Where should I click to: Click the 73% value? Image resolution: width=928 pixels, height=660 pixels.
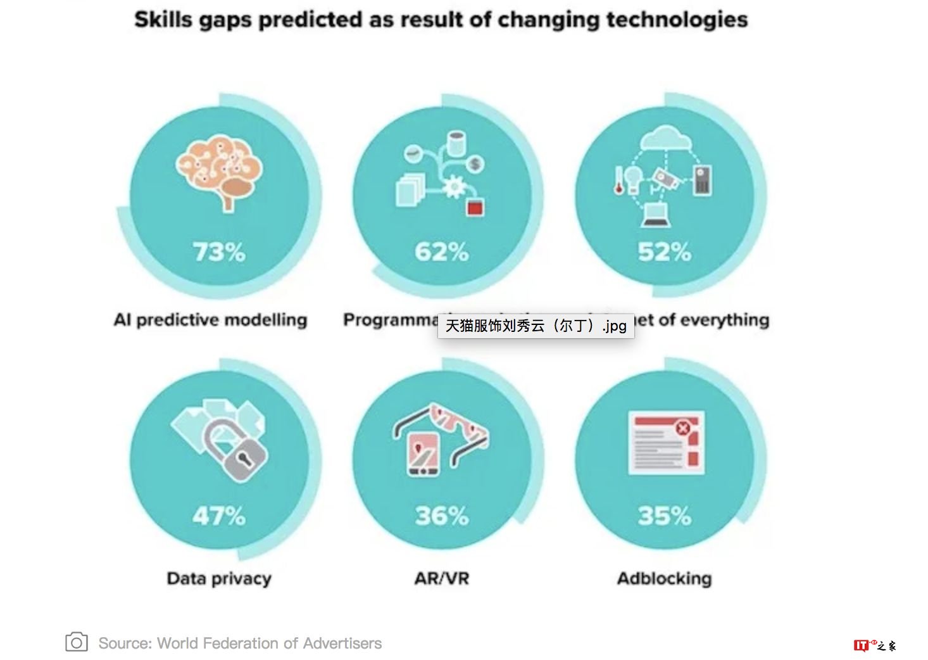click(219, 252)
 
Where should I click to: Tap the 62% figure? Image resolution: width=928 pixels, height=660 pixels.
click(442, 252)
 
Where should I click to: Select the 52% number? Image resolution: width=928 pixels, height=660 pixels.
click(664, 252)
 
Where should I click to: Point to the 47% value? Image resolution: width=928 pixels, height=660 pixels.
click(219, 516)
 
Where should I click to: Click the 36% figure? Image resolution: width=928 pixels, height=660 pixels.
click(442, 516)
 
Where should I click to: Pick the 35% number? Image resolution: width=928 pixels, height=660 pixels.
click(664, 516)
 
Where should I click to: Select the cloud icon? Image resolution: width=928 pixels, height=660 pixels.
click(665, 138)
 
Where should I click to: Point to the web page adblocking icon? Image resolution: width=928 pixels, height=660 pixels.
click(666, 443)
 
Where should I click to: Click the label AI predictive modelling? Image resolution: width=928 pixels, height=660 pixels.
click(210, 320)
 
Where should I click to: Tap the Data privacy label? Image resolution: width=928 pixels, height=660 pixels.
click(219, 578)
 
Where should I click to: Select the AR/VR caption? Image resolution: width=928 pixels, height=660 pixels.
click(442, 578)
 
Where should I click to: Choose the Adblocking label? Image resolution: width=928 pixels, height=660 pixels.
click(664, 578)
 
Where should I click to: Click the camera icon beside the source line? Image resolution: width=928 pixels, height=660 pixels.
click(77, 643)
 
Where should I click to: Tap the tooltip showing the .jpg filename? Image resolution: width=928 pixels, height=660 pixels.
click(536, 326)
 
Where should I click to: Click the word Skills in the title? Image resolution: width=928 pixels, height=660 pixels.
click(163, 20)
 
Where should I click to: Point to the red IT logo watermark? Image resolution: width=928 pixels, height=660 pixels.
click(862, 645)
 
